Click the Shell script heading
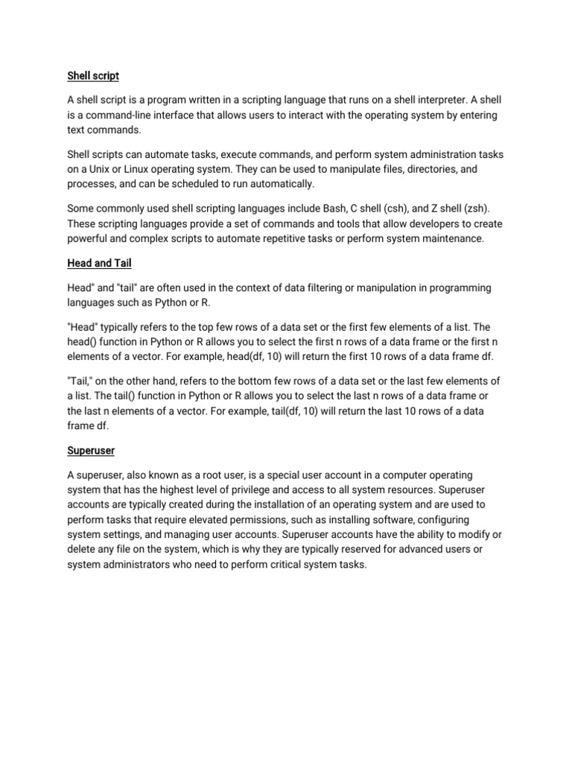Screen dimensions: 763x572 [93, 76]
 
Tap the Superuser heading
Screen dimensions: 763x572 [92, 451]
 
